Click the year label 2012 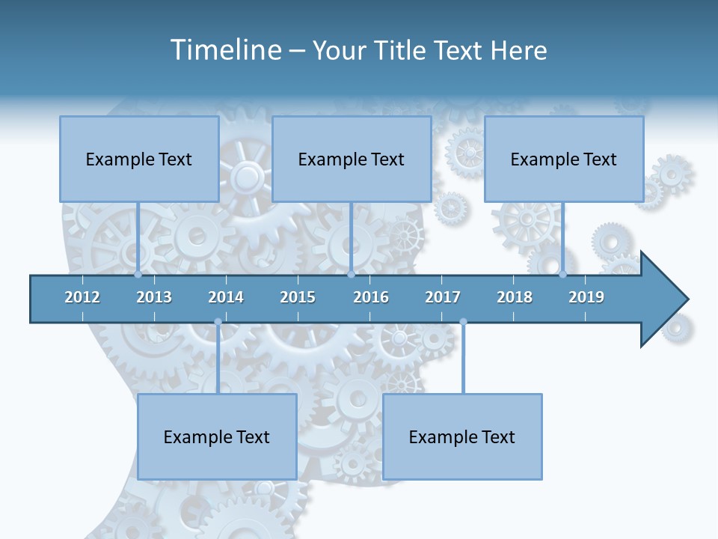82,297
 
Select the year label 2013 154,297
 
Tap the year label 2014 226,297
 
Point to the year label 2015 298,297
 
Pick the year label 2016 371,297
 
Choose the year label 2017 443,297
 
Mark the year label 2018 515,297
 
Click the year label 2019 586,297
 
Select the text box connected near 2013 139,159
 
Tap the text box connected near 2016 352,159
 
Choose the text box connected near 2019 564,159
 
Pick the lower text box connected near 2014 217,436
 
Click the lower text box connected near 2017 462,436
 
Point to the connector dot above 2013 138,275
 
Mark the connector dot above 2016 351,275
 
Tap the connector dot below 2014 218,322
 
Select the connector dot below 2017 463,322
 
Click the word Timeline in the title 224,50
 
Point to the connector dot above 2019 563,275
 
